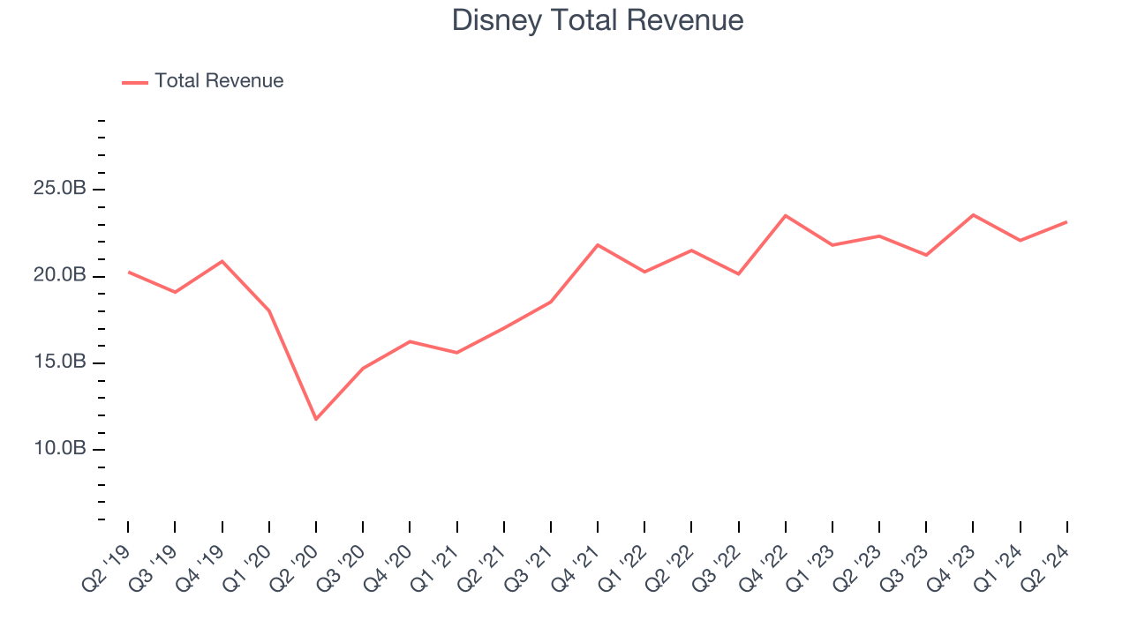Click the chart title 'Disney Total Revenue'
pos(598,20)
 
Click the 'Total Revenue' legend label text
pos(219,81)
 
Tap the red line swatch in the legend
pos(135,82)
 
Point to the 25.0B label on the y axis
pos(61,190)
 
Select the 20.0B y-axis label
pos(61,276)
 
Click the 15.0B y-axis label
pos(61,362)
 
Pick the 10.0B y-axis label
pos(61,449)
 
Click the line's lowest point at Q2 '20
pos(316,419)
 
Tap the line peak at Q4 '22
pos(786,215)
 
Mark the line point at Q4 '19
pos(222,261)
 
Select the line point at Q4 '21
pos(598,244)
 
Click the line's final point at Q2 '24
pos(1066,221)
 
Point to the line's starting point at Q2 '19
pos(128,272)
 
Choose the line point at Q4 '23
pos(973,214)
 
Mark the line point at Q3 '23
pos(926,255)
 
